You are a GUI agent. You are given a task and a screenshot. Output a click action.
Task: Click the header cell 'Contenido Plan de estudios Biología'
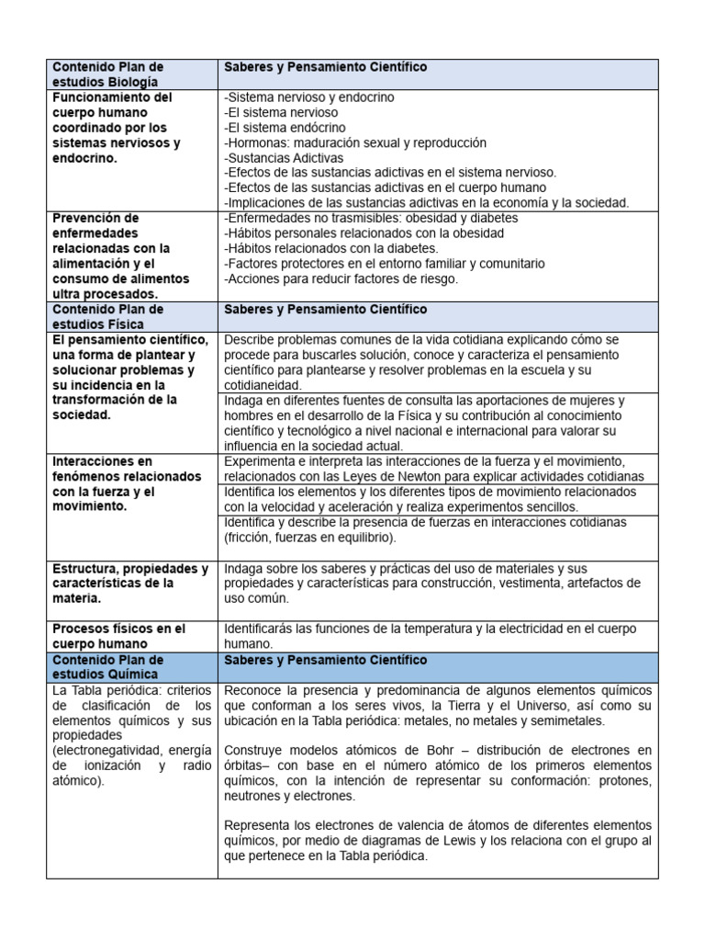[108, 74]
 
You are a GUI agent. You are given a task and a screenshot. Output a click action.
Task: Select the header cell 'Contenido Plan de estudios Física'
[108, 317]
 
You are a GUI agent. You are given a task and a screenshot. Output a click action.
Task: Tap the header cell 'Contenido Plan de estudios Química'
[108, 667]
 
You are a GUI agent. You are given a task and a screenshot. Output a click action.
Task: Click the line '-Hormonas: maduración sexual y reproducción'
[355, 142]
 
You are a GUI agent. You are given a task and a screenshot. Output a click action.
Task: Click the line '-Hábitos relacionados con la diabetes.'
[331, 248]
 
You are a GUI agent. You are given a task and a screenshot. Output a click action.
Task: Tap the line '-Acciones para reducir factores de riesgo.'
[341, 278]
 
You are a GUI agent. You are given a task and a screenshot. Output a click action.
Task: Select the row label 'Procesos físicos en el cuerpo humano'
[119, 636]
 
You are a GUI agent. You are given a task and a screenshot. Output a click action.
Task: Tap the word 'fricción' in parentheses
[252, 537]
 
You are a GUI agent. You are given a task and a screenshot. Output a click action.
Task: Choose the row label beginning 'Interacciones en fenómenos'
[127, 483]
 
